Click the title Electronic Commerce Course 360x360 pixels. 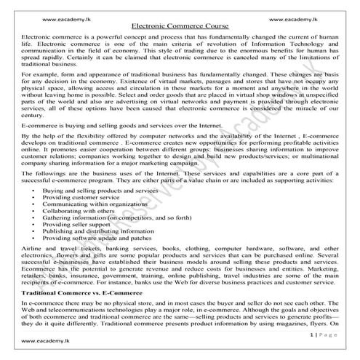(x=180, y=25)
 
